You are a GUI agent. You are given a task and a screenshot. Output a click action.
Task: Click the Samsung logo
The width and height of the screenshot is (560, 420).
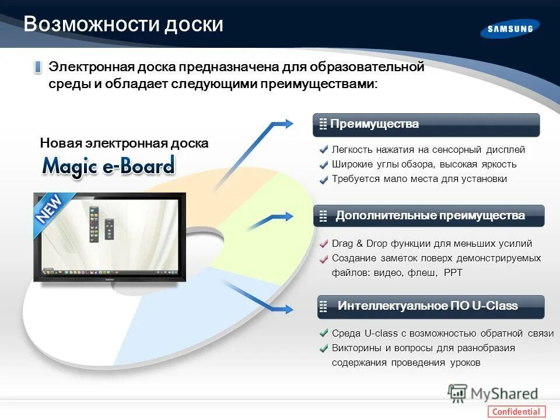(x=510, y=29)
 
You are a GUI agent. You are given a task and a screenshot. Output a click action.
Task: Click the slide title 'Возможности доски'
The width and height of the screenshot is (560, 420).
(x=123, y=24)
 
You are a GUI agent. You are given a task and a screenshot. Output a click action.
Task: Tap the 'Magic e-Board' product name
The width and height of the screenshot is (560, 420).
(x=108, y=166)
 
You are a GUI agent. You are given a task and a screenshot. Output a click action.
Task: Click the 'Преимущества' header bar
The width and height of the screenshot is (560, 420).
(x=426, y=124)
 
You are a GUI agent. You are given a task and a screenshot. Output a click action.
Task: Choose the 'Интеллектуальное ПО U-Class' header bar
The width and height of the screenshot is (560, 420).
(x=430, y=306)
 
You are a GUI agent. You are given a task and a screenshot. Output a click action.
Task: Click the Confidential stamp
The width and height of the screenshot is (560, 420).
(x=516, y=411)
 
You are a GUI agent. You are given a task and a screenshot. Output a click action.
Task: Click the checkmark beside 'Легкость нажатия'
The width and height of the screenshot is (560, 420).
(x=324, y=150)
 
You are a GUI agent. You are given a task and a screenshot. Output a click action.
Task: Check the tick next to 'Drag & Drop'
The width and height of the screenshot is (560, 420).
(x=324, y=244)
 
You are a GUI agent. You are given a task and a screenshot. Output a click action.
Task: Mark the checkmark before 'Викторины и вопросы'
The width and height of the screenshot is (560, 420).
(x=324, y=349)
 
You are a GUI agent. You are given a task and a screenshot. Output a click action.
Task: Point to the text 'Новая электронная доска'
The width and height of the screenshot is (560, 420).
(x=124, y=143)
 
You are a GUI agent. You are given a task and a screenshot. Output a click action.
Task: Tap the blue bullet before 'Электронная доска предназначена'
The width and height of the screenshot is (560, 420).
(x=38, y=68)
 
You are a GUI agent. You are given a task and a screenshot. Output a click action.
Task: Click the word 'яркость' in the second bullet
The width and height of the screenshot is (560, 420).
(x=498, y=164)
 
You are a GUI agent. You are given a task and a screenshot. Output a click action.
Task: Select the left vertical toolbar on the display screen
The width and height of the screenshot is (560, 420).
(x=92, y=223)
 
